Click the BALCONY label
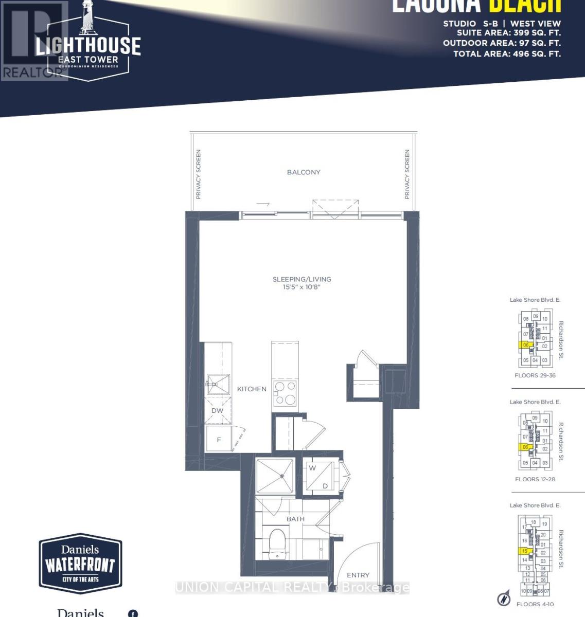[x=304, y=172]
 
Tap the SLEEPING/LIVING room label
[x=302, y=279]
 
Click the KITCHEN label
[x=252, y=389]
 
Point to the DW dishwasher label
[x=217, y=411]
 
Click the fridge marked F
[x=219, y=440]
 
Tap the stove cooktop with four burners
[x=285, y=393]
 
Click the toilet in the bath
[x=277, y=542]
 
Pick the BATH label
[x=295, y=519]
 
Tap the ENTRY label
[x=358, y=575]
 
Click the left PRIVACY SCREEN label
[x=198, y=174]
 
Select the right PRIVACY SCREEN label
[x=407, y=174]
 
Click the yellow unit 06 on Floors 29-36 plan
[x=525, y=345]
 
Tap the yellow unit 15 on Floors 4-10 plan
[x=524, y=551]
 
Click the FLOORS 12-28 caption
[x=535, y=479]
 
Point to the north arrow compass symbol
[x=504, y=599]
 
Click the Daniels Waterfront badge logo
[x=80, y=564]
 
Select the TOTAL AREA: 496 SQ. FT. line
[x=507, y=53]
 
